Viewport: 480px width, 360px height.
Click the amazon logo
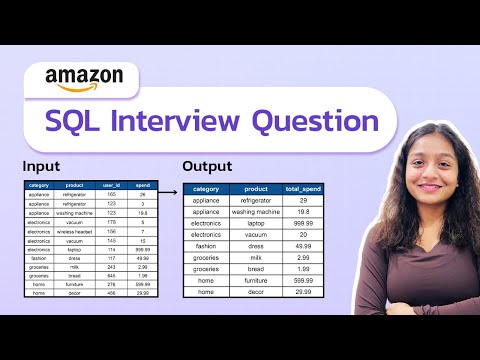(x=85, y=77)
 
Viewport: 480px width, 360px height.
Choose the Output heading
(x=209, y=165)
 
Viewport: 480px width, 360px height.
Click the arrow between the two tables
(x=170, y=189)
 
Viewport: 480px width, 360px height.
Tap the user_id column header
(x=112, y=185)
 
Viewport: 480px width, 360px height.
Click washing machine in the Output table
(x=256, y=212)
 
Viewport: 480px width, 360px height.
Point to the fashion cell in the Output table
(x=206, y=246)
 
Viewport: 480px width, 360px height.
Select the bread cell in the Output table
(x=256, y=269)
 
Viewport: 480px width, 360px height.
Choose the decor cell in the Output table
(x=256, y=292)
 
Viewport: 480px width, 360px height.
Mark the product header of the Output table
(x=256, y=189)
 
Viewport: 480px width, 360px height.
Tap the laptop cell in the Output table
(x=256, y=223)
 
